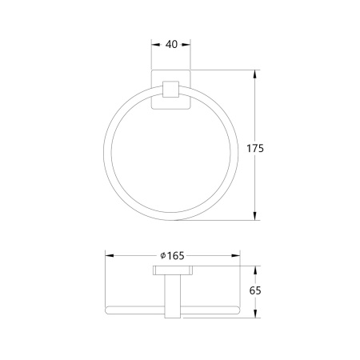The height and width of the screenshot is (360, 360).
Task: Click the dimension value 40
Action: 171,44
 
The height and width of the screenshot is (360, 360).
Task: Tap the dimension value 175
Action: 255,148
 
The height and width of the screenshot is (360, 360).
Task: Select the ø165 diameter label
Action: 172,256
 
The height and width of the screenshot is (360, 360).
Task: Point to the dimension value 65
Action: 255,290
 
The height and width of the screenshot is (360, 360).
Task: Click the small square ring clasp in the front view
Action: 170,89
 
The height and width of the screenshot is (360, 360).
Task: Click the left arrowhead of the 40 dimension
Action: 155,45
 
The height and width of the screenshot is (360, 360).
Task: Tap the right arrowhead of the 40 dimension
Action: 186,45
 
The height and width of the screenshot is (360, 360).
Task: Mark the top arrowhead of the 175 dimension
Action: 255,74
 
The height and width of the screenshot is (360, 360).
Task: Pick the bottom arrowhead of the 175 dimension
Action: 255,216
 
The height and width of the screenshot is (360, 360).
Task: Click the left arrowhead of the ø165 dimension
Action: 110,256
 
